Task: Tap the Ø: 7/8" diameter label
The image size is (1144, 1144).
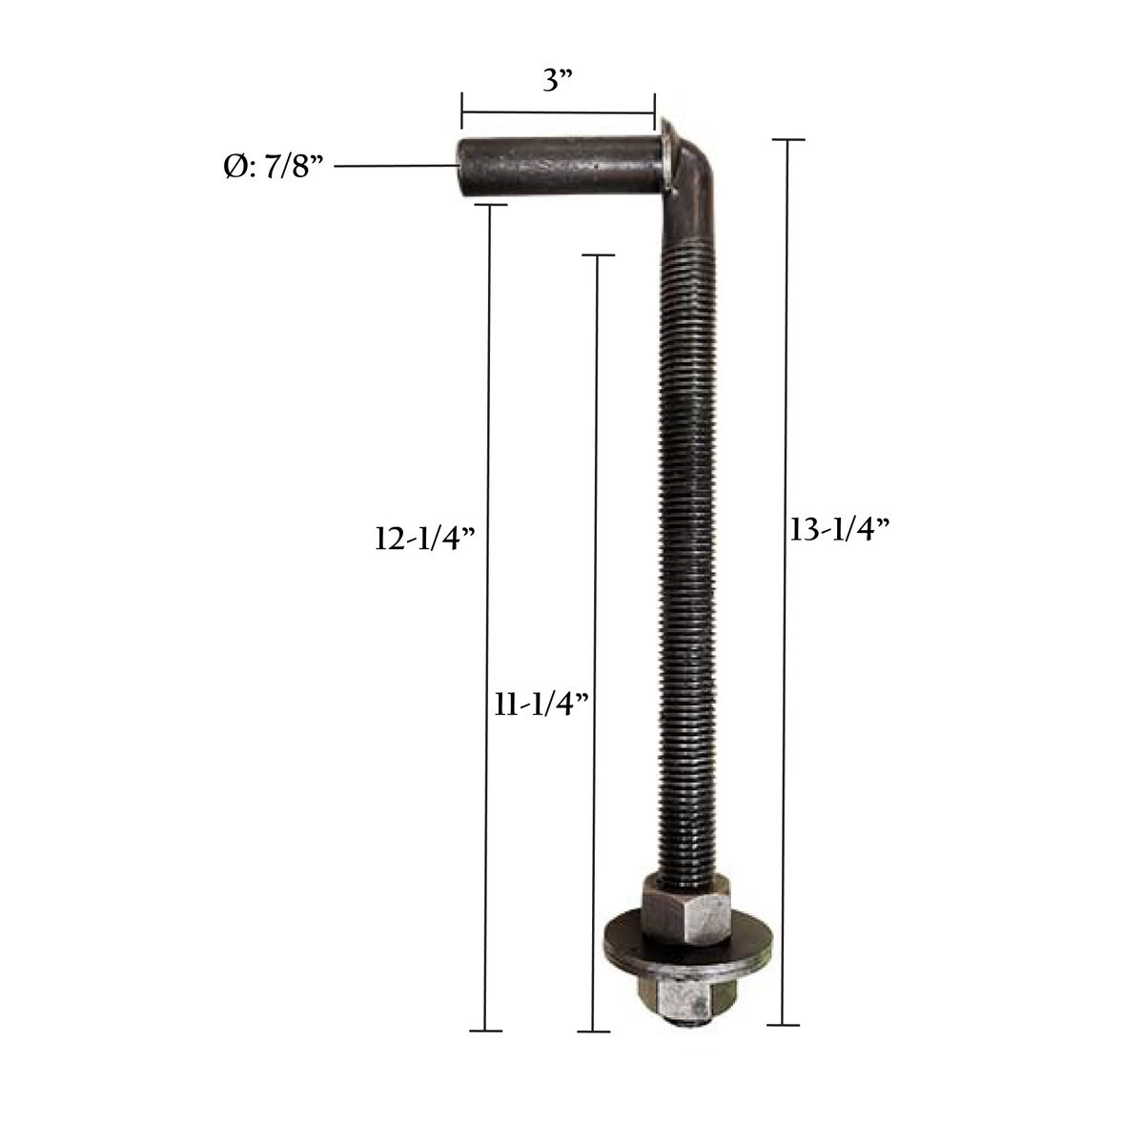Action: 273,168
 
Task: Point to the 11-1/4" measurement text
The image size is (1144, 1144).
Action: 541,705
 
